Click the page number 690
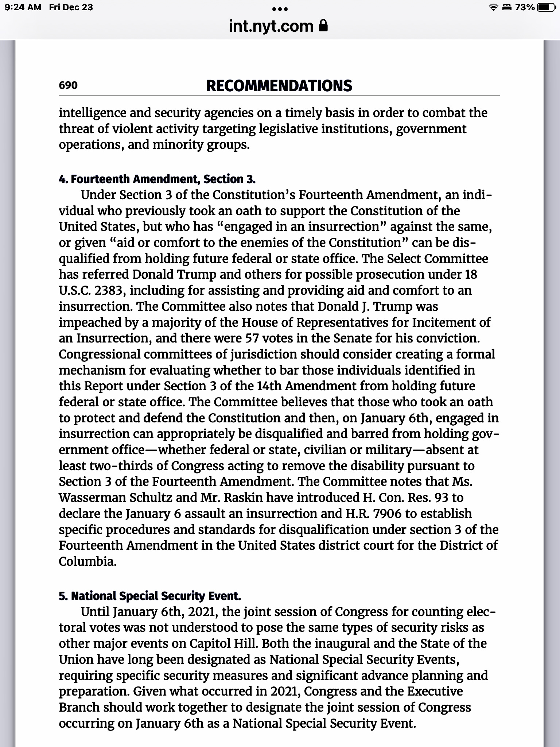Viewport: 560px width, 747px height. (x=68, y=85)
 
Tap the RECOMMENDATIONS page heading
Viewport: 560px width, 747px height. (x=279, y=86)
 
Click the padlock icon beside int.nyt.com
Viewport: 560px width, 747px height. (x=323, y=26)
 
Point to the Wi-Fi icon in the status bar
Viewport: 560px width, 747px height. (x=493, y=8)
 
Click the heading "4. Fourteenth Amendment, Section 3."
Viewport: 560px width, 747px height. (x=157, y=179)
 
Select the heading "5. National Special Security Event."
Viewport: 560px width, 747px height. (x=150, y=596)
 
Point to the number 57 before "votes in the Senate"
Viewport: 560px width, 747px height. (x=252, y=338)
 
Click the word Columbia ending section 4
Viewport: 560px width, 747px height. (x=87, y=561)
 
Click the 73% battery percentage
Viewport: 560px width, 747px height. (x=525, y=7)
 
